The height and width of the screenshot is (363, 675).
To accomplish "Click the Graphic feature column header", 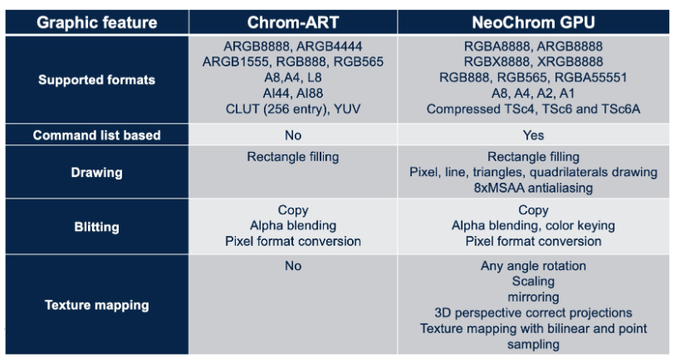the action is (x=97, y=22).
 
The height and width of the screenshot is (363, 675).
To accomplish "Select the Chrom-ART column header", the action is (x=293, y=22).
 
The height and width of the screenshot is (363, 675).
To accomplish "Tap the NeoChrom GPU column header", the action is (x=533, y=22).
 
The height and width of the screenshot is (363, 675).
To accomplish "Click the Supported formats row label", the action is (x=97, y=80).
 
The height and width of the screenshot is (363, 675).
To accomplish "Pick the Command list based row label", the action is (x=97, y=135).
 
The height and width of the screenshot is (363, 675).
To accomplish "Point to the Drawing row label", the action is (x=97, y=172).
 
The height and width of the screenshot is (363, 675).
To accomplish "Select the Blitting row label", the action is (x=97, y=227).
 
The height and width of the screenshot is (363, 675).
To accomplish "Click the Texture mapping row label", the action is (x=97, y=305).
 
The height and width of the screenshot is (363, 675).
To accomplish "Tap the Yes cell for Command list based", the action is (x=533, y=135).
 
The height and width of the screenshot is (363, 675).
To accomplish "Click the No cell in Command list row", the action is (x=293, y=135).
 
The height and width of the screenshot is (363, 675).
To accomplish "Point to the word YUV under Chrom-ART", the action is (x=347, y=109).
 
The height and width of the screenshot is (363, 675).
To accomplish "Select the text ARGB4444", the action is (x=330, y=46).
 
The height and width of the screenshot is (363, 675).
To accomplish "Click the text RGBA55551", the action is (x=590, y=77).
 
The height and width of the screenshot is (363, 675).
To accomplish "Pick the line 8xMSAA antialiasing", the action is (x=533, y=188).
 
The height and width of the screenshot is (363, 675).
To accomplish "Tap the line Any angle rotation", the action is (x=533, y=266).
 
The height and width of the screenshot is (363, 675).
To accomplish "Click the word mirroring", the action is (x=533, y=297).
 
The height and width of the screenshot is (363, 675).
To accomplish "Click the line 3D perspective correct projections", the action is (x=533, y=312).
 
